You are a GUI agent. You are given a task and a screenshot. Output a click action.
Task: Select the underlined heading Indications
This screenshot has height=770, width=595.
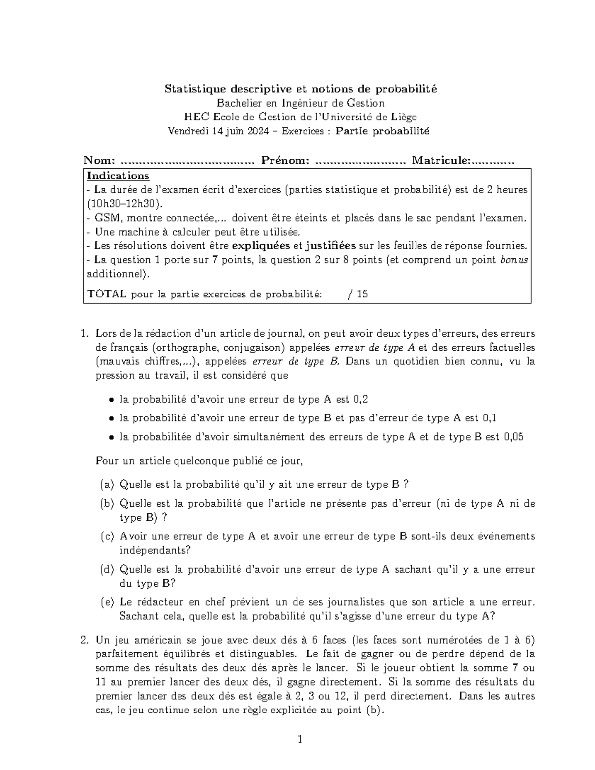click(x=118, y=176)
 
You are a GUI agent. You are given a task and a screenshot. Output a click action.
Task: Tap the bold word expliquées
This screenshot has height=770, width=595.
click(x=261, y=246)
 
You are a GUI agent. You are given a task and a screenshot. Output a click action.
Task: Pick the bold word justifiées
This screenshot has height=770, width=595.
click(x=331, y=246)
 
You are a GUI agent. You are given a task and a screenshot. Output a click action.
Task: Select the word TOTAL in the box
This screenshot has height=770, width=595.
click(x=107, y=294)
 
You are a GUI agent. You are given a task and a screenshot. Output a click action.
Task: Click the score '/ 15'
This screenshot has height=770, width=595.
click(x=358, y=294)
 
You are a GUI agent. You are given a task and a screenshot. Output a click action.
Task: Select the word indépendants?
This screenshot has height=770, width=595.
click(x=155, y=550)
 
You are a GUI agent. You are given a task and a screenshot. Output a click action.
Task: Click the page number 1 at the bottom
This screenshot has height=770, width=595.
click(x=299, y=740)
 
